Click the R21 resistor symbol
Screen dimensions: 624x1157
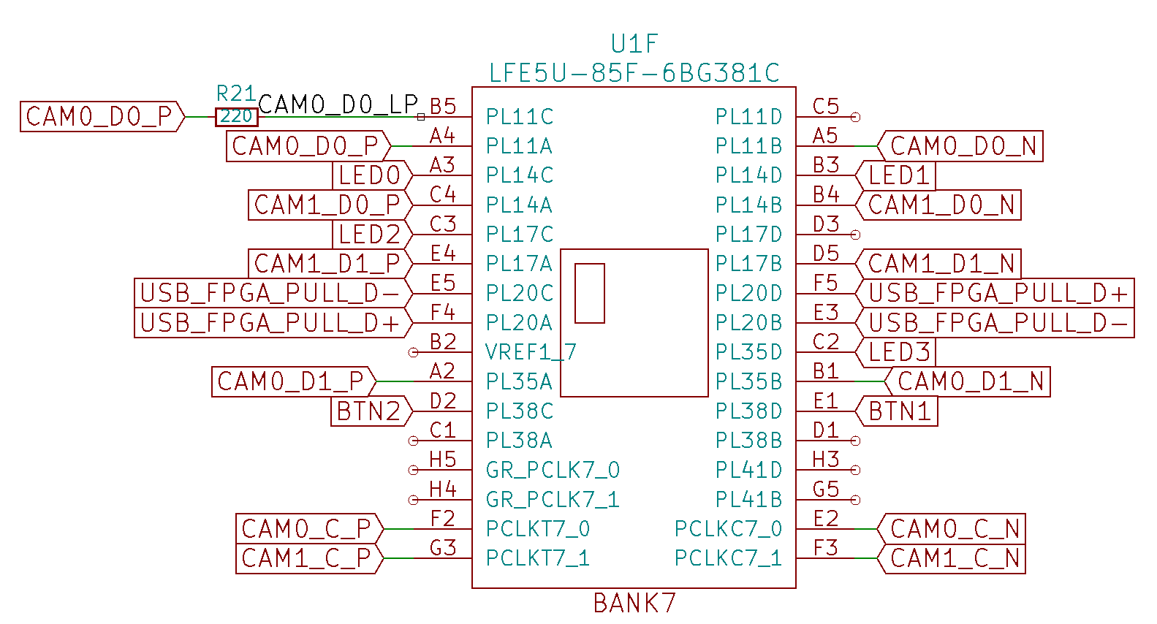tap(236, 117)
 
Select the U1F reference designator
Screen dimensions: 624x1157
tap(634, 44)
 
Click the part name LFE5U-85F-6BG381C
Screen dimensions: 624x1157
tap(634, 73)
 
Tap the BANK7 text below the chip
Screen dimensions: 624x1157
tap(634, 604)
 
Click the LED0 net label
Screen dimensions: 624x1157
tap(371, 176)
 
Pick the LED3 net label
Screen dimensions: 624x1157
tap(899, 352)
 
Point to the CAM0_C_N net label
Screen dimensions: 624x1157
tap(955, 528)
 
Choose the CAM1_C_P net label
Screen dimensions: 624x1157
tap(307, 558)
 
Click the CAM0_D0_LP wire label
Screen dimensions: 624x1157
tap(338, 104)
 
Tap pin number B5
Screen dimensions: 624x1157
tap(443, 107)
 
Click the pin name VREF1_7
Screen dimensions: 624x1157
tap(531, 352)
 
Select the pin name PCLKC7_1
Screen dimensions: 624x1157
tap(728, 558)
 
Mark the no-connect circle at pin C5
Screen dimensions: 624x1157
tap(855, 117)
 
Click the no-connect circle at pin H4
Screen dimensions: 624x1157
tap(413, 500)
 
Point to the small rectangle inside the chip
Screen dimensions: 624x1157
tap(590, 293)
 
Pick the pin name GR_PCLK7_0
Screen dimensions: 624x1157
tap(553, 470)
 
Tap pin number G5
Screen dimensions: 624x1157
tap(826, 489)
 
